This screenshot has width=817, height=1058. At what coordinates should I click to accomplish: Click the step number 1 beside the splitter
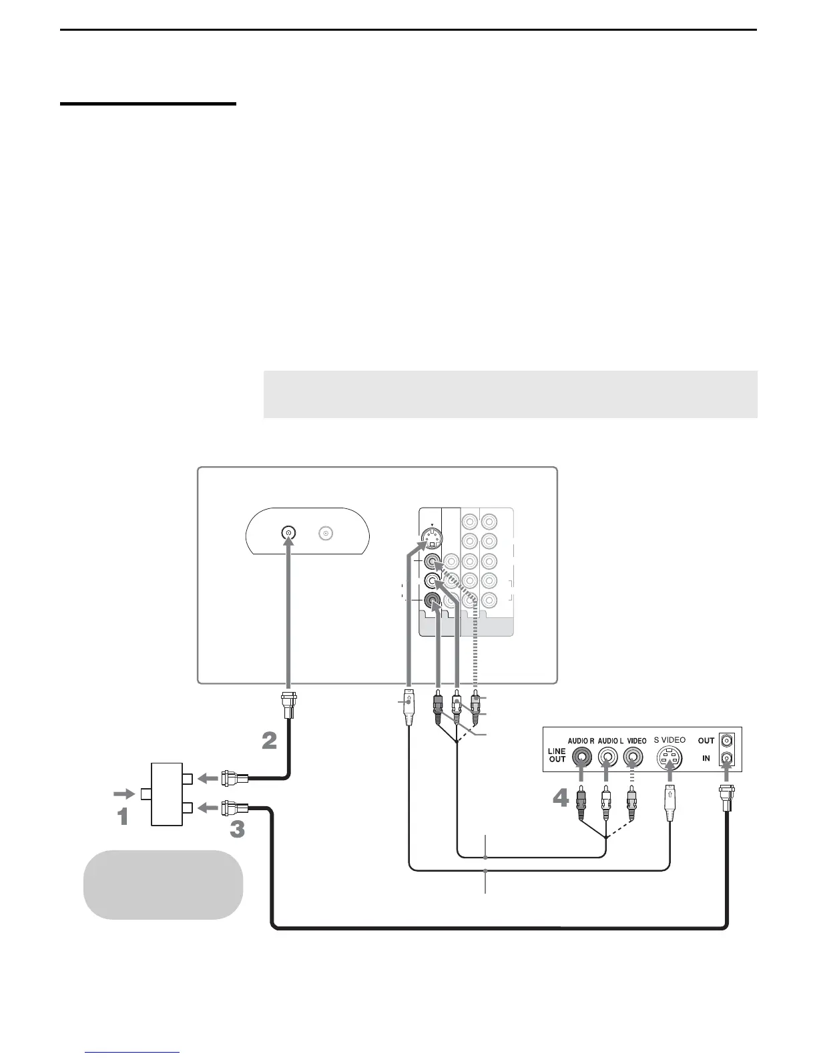(123, 816)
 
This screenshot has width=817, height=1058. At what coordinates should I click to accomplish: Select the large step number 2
(269, 741)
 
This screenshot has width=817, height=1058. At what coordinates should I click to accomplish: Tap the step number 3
(237, 829)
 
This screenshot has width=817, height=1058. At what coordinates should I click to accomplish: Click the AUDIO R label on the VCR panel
(581, 741)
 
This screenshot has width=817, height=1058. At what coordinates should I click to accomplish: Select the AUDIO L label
(612, 741)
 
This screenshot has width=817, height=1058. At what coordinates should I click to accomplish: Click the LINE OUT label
(557, 755)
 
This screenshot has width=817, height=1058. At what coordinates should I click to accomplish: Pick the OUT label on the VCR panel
(706, 741)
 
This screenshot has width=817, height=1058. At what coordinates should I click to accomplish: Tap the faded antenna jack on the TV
(326, 533)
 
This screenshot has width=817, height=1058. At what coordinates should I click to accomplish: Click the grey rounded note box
(163, 884)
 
